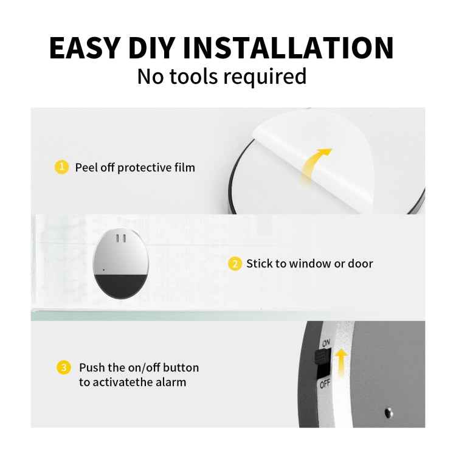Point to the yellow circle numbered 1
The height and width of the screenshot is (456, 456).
pyautogui.click(x=61, y=167)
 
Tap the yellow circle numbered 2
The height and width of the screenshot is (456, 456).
pyautogui.click(x=235, y=264)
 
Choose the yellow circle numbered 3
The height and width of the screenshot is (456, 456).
pyautogui.click(x=63, y=368)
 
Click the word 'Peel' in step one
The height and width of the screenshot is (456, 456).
pyautogui.click(x=86, y=167)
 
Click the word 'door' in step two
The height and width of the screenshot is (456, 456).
pyautogui.click(x=360, y=264)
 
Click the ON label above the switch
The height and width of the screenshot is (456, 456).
pyautogui.click(x=326, y=343)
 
